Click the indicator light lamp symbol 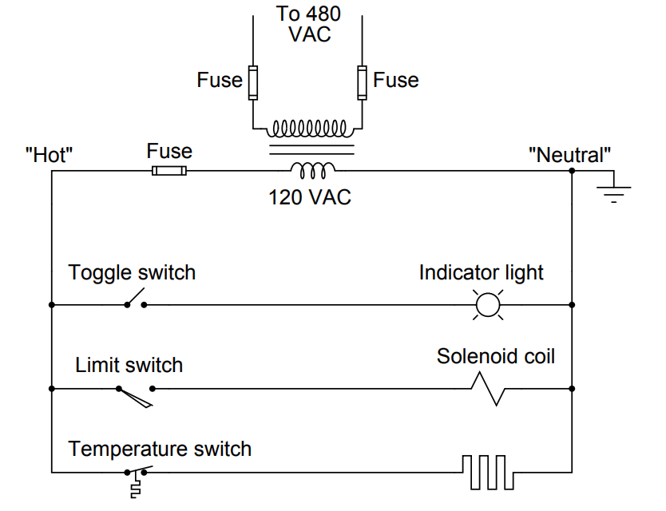pyautogui.click(x=487, y=305)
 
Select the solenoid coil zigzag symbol pyautogui.click(x=488, y=389)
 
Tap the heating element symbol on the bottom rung pyautogui.click(x=488, y=471)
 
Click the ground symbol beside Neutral pyautogui.click(x=613, y=192)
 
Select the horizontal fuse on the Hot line pyautogui.click(x=169, y=171)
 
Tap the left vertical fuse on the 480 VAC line pyautogui.click(x=253, y=81)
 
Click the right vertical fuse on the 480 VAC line pyautogui.click(x=363, y=81)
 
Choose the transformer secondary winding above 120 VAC pyautogui.click(x=313, y=168)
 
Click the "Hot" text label pyautogui.click(x=50, y=154)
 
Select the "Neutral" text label pyautogui.click(x=570, y=154)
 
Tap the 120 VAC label pyautogui.click(x=309, y=197)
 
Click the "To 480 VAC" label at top pyautogui.click(x=308, y=24)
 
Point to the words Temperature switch pyautogui.click(x=160, y=449)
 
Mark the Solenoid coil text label pyautogui.click(x=495, y=355)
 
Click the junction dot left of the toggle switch pyautogui.click(x=52, y=305)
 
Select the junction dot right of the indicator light pyautogui.click(x=573, y=305)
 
